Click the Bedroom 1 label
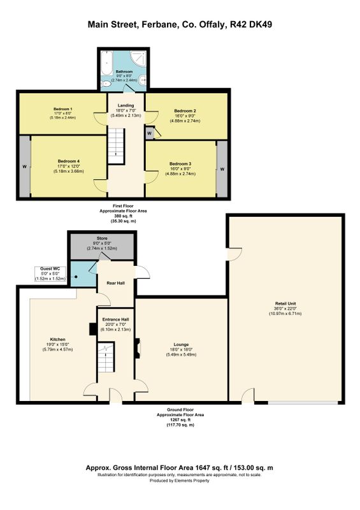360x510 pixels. tap(63, 109)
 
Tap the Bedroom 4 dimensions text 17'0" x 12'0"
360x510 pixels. tap(69, 166)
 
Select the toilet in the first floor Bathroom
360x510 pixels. tap(106, 84)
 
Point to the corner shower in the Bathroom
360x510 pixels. tap(139, 58)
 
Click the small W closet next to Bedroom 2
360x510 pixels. tap(149, 133)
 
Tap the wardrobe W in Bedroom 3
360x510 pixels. tap(222, 169)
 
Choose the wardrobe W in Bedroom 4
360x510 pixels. tap(25, 166)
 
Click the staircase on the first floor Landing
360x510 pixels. tap(116, 146)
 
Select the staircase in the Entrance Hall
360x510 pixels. tap(106, 357)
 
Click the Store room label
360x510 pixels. tap(102, 238)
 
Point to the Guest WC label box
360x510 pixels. tap(50, 274)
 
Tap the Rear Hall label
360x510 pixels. tap(116, 283)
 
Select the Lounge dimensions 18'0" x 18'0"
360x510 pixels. tap(181, 349)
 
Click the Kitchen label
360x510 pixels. tap(57, 340)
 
